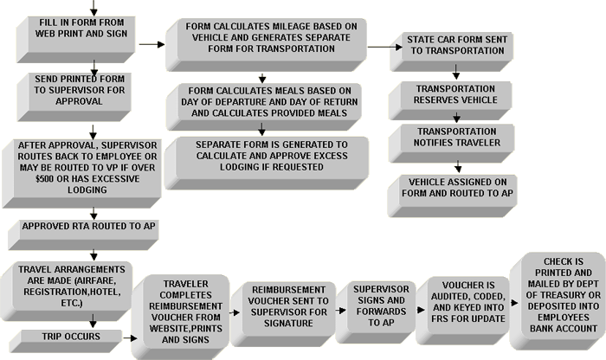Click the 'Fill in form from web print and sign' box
(x=76, y=40)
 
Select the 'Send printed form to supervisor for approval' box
(x=74, y=97)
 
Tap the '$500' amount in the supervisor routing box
(x=44, y=179)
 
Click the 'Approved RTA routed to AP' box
(x=83, y=235)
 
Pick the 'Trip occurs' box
(x=66, y=341)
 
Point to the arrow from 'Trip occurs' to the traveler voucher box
(x=130, y=338)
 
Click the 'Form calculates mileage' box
(x=267, y=45)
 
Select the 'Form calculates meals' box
(x=264, y=106)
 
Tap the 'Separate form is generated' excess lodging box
(x=267, y=163)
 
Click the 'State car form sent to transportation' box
(x=451, y=52)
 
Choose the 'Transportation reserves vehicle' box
(x=450, y=100)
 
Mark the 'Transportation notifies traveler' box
(x=451, y=143)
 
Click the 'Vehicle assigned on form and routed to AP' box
(x=452, y=196)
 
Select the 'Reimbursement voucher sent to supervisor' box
(x=283, y=314)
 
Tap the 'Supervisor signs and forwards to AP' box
(x=376, y=312)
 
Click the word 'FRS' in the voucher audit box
(x=440, y=319)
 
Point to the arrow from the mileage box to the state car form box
(x=385, y=47)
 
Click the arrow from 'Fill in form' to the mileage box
(x=151, y=44)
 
